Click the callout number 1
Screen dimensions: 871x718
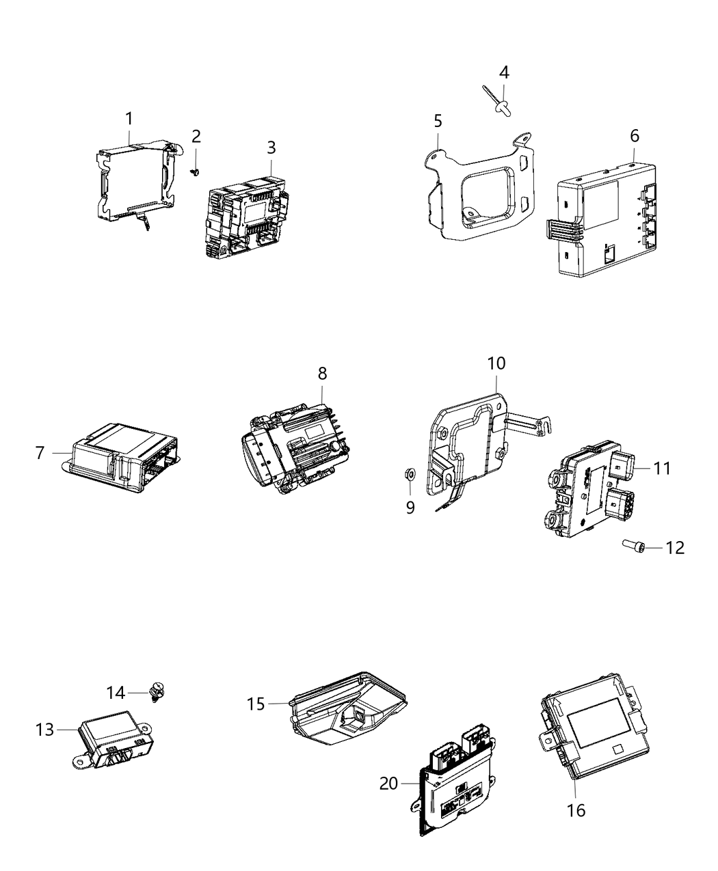[x=129, y=119]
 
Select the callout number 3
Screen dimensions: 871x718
[x=271, y=148]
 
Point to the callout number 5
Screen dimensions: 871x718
[x=438, y=121]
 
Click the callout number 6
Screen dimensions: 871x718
[x=635, y=136]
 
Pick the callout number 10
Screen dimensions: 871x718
[x=496, y=363]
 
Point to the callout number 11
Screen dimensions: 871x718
[x=661, y=468]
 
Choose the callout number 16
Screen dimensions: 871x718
[x=576, y=810]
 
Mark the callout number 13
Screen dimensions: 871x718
[x=44, y=730]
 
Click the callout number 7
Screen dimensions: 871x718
[x=40, y=452]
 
